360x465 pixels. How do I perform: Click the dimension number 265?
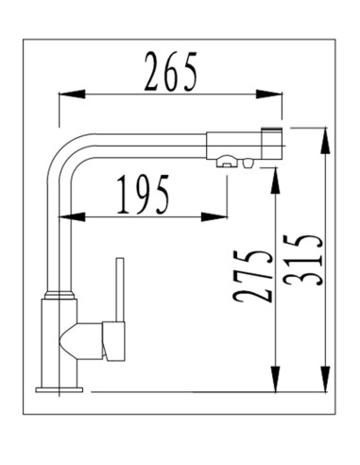click(x=170, y=72)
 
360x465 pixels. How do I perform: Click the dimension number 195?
click(x=143, y=195)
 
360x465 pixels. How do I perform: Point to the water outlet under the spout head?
click(x=227, y=163)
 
